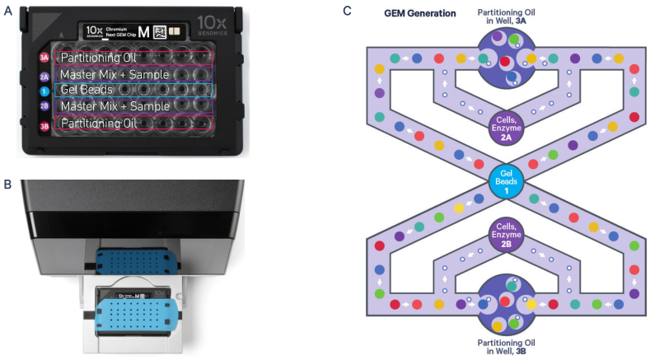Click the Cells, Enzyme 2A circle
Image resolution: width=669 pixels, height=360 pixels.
pos(508,127)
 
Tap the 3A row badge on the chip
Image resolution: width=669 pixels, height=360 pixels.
pos(44,58)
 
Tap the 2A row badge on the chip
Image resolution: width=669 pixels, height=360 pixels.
pos(44,75)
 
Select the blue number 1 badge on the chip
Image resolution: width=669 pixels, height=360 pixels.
pos(44,90)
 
